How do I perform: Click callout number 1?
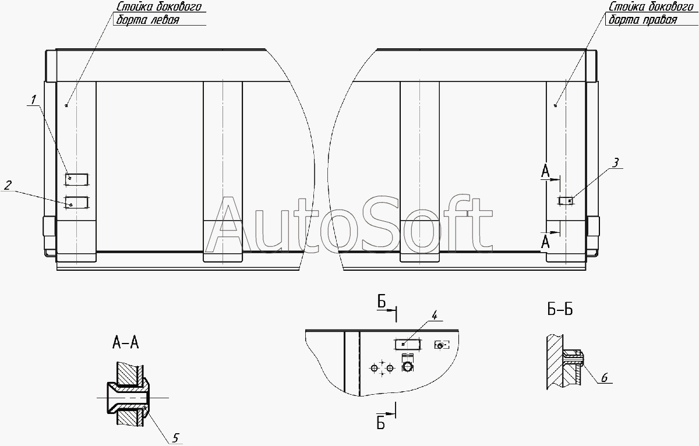[33, 100]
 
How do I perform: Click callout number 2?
[8, 185]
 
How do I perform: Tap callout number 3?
[615, 162]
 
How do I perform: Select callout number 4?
[435, 316]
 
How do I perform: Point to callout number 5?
[175, 438]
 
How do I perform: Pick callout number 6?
[605, 378]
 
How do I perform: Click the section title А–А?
[125, 343]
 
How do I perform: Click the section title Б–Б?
[560, 309]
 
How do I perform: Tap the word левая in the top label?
[165, 20]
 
